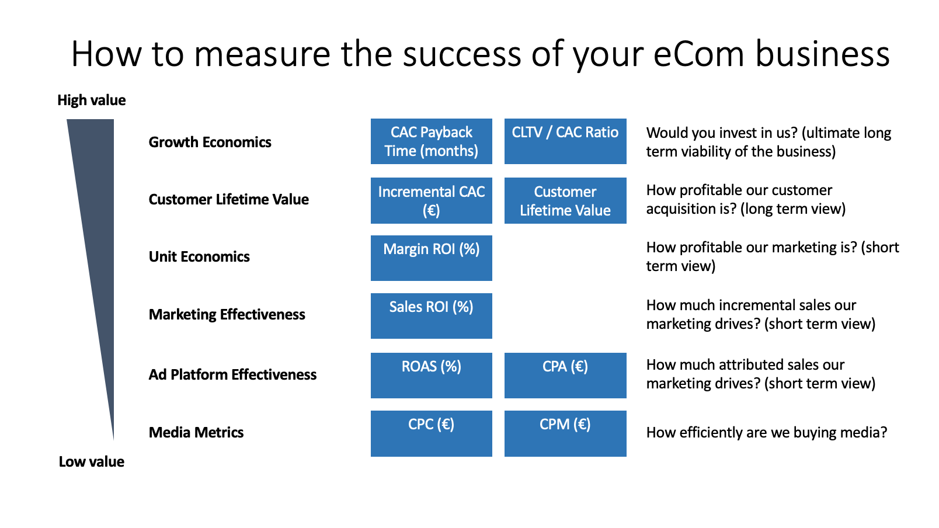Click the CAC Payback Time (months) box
[432, 141]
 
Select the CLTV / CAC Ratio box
[565, 141]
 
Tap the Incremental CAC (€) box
[432, 200]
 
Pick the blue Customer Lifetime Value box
[565, 200]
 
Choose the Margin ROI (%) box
[432, 258]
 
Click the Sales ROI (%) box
[432, 316]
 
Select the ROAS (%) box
[432, 376]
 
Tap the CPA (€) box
[565, 376]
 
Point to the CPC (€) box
[432, 433]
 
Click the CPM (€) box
[565, 433]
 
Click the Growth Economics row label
[210, 142]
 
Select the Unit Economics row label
[199, 256]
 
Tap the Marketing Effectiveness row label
[227, 315]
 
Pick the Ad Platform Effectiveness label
[232, 374]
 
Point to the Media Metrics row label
[196, 432]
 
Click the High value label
[91, 100]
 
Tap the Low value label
[91, 462]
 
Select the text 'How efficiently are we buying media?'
[767, 432]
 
